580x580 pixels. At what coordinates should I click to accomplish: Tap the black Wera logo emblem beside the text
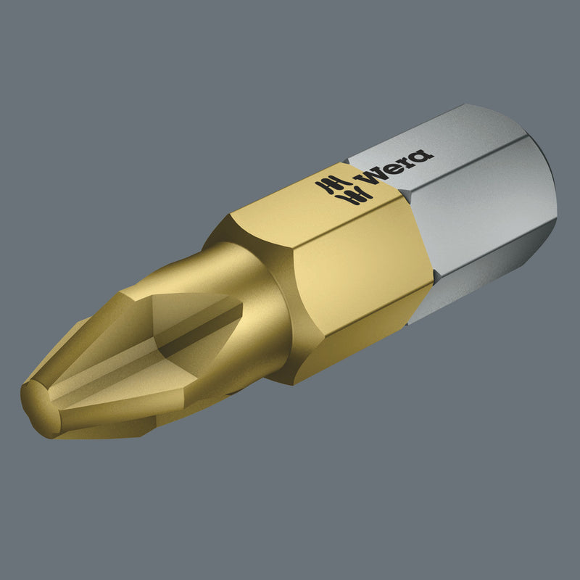(344, 189)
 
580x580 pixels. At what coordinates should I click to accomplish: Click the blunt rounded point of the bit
(37, 407)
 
